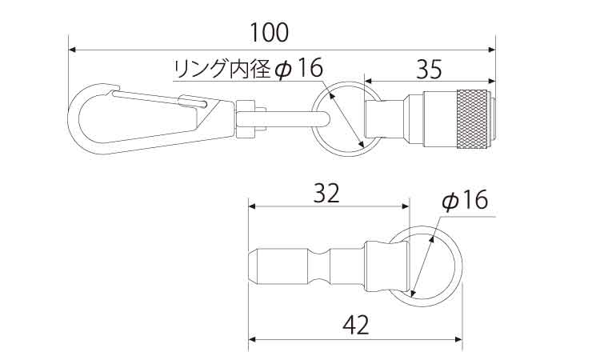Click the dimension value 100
point(269,33)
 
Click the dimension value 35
point(429,70)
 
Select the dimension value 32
point(326,193)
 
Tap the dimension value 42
point(356,326)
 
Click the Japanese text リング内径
point(222,70)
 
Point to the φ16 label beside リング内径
point(299,68)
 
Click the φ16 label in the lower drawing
point(465,200)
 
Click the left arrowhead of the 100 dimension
point(72,50)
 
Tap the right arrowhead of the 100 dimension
point(492,50)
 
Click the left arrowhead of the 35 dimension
point(369,81)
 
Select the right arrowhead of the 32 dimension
point(406,206)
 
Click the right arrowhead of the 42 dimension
point(458,339)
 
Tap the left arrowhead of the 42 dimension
point(253,339)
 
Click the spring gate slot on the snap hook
point(191,101)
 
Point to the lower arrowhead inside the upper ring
point(361,144)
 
